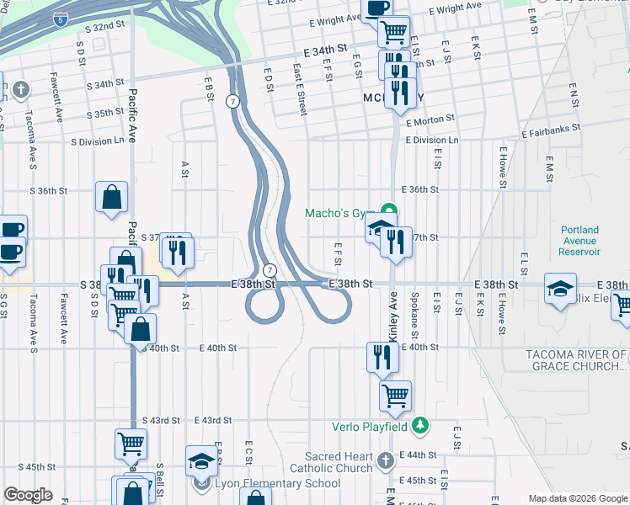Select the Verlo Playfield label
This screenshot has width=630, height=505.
click(x=375, y=427)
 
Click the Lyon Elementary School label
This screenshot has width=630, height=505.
click(x=276, y=484)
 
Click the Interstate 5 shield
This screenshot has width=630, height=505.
click(x=57, y=18)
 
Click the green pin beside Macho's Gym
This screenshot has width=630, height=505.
click(x=388, y=210)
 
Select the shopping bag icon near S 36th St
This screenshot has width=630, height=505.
click(x=111, y=198)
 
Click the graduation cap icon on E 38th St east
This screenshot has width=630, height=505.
click(x=560, y=289)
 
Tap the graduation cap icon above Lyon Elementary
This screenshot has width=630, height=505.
click(x=201, y=460)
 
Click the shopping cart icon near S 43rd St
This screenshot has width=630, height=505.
click(x=131, y=443)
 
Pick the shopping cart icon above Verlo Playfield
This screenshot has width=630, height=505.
click(x=395, y=394)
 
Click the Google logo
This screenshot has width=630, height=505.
click(x=28, y=495)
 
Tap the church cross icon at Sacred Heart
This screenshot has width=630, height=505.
click(x=385, y=460)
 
